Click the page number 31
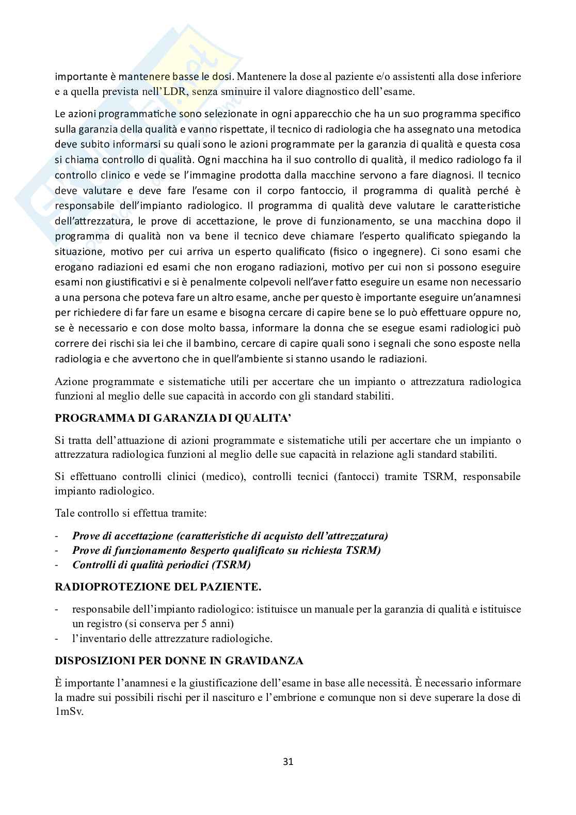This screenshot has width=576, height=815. coord(288,761)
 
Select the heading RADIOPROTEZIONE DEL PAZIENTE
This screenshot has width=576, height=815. coord(158,587)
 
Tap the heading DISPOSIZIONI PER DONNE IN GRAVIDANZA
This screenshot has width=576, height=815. coord(179,661)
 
